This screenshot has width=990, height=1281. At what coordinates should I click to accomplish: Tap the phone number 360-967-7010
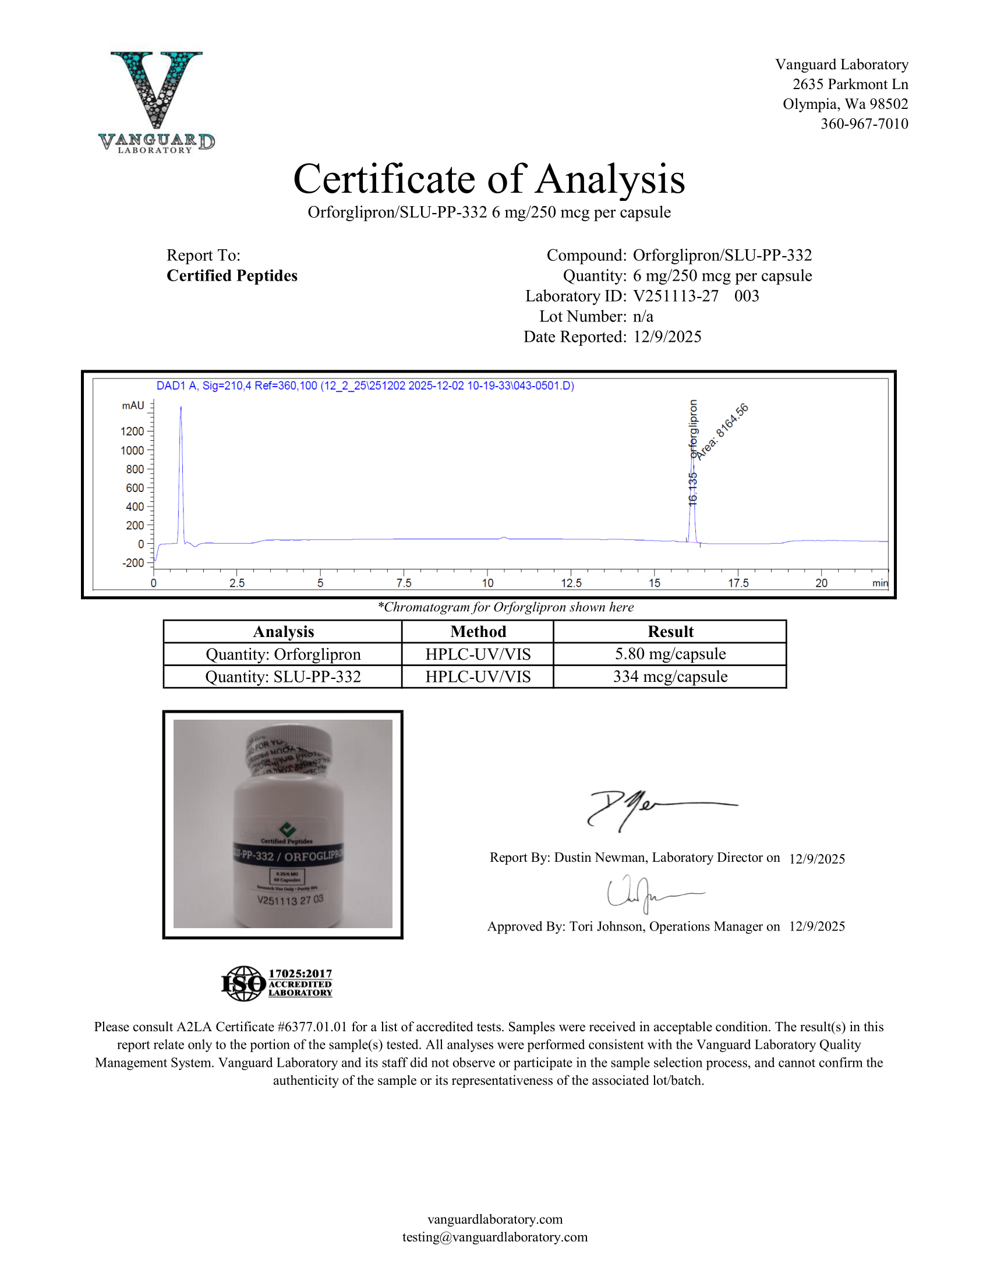[864, 124]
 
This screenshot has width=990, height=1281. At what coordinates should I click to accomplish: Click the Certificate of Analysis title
[489, 179]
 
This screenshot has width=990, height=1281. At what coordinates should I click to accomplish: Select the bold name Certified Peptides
[232, 275]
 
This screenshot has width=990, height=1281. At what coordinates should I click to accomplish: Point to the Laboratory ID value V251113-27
[676, 296]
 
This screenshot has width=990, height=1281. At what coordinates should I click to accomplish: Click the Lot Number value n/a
[643, 317]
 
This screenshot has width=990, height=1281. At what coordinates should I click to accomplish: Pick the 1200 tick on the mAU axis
[133, 431]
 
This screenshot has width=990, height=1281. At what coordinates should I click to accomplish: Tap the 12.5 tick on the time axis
[571, 582]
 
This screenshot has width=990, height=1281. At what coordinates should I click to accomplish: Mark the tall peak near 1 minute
[181, 469]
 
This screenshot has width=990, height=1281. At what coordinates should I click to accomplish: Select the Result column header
[670, 632]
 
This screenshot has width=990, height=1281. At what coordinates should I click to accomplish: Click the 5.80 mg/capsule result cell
[670, 654]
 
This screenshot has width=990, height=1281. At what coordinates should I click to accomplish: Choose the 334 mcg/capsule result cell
[670, 677]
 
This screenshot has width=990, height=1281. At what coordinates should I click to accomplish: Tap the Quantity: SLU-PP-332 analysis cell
[282, 677]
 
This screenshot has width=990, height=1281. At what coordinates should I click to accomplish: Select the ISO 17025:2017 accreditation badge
[277, 983]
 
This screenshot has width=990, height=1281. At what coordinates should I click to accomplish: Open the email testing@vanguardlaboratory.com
[494, 1237]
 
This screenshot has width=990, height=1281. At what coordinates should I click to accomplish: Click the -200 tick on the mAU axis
[133, 563]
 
